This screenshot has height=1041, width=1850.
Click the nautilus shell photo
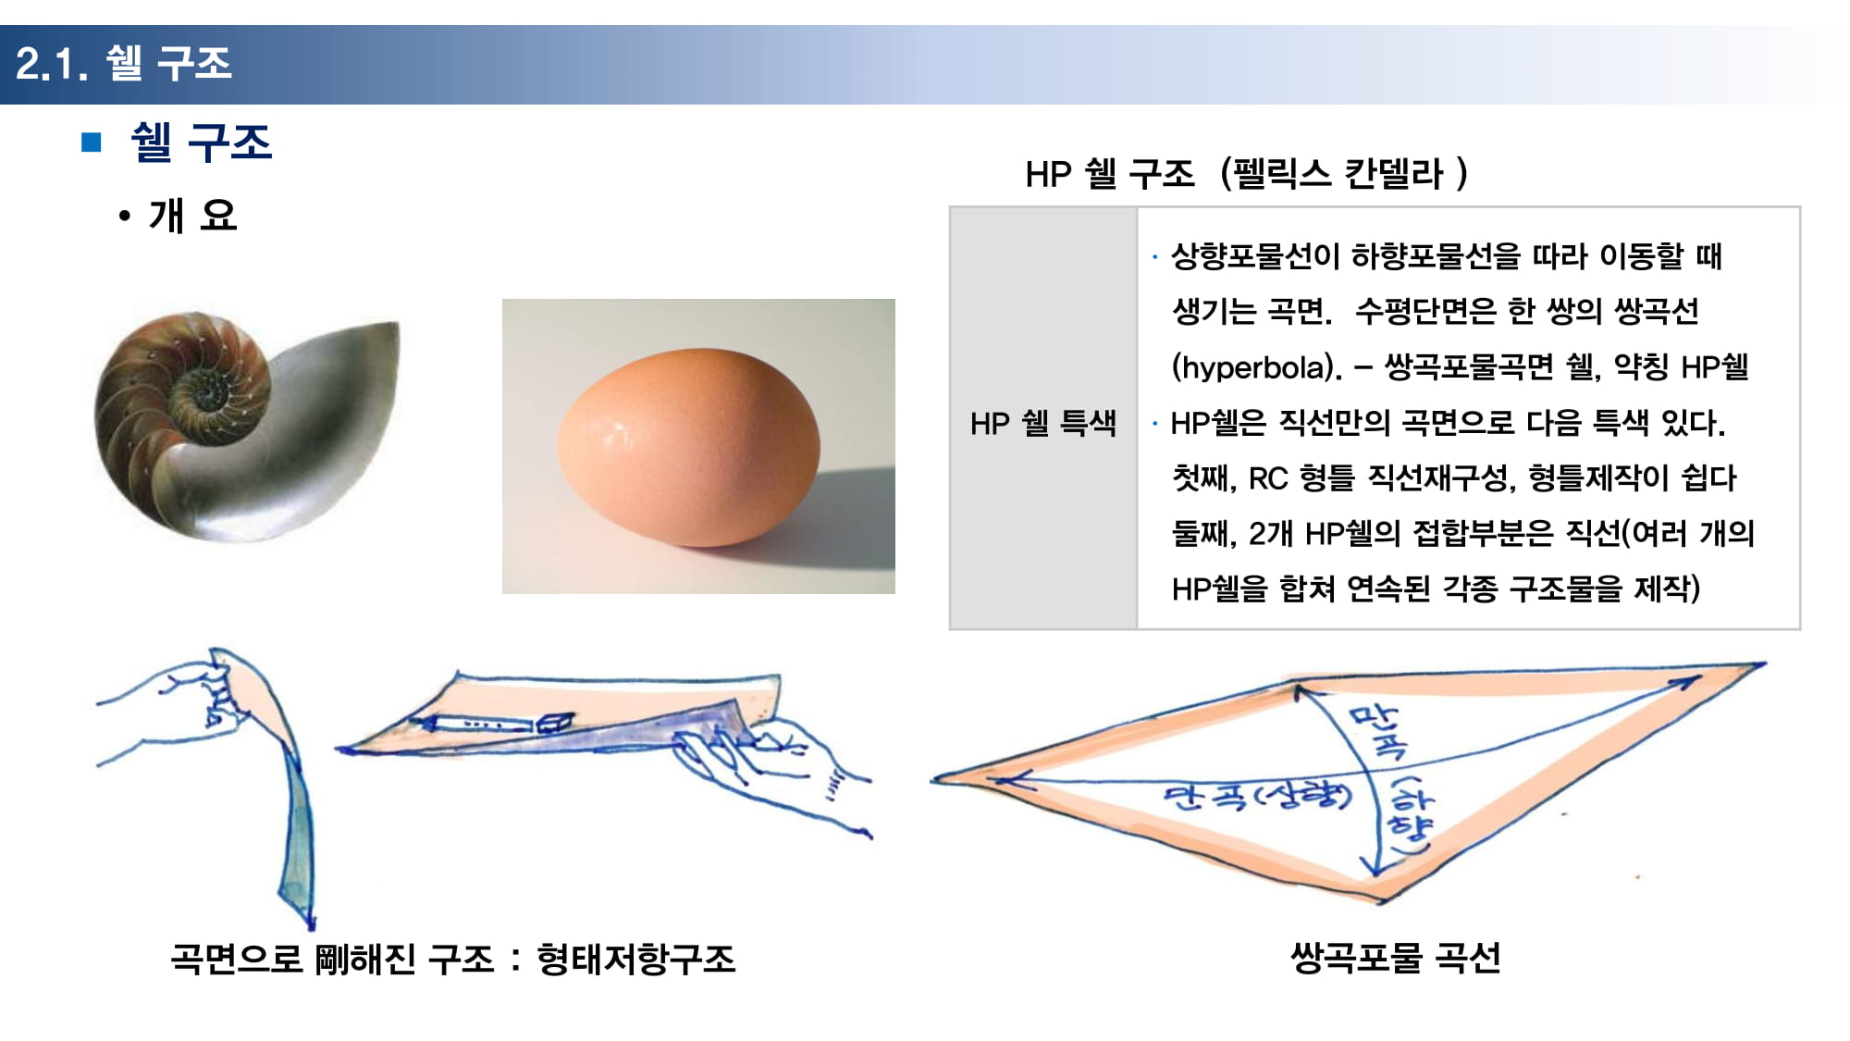(x=248, y=427)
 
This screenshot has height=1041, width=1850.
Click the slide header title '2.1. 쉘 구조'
(x=124, y=63)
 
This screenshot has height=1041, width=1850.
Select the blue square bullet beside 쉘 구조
(x=91, y=142)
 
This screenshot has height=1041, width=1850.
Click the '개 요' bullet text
(x=192, y=216)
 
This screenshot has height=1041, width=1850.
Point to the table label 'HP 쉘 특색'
(x=1043, y=423)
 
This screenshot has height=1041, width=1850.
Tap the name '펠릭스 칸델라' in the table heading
(x=1338, y=173)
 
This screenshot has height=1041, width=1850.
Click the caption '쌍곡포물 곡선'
(x=1395, y=958)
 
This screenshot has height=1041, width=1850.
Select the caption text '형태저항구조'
(x=636, y=959)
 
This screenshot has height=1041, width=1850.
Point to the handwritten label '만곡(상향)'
(x=1258, y=796)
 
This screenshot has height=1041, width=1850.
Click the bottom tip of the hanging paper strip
(x=311, y=925)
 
